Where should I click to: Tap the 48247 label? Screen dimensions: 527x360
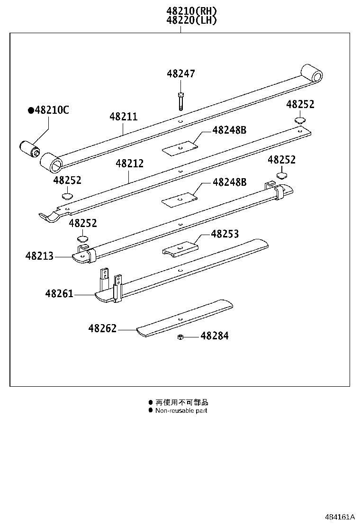click(180, 74)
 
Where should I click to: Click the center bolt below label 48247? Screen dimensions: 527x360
click(180, 101)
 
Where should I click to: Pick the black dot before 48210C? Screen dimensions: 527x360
click(31, 110)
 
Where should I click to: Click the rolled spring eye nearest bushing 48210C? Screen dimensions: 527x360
click(51, 163)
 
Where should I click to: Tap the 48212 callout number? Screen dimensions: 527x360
click(129, 164)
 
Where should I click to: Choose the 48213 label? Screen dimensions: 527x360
click(39, 256)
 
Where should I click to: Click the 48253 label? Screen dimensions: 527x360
click(225, 234)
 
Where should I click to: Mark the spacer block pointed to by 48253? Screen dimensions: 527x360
click(180, 249)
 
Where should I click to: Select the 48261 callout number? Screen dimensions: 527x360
click(59, 294)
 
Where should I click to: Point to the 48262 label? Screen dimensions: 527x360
click(102, 328)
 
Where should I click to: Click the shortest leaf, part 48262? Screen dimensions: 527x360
click(185, 318)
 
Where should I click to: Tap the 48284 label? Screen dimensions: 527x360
click(214, 336)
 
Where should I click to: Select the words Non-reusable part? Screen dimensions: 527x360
click(181, 410)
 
